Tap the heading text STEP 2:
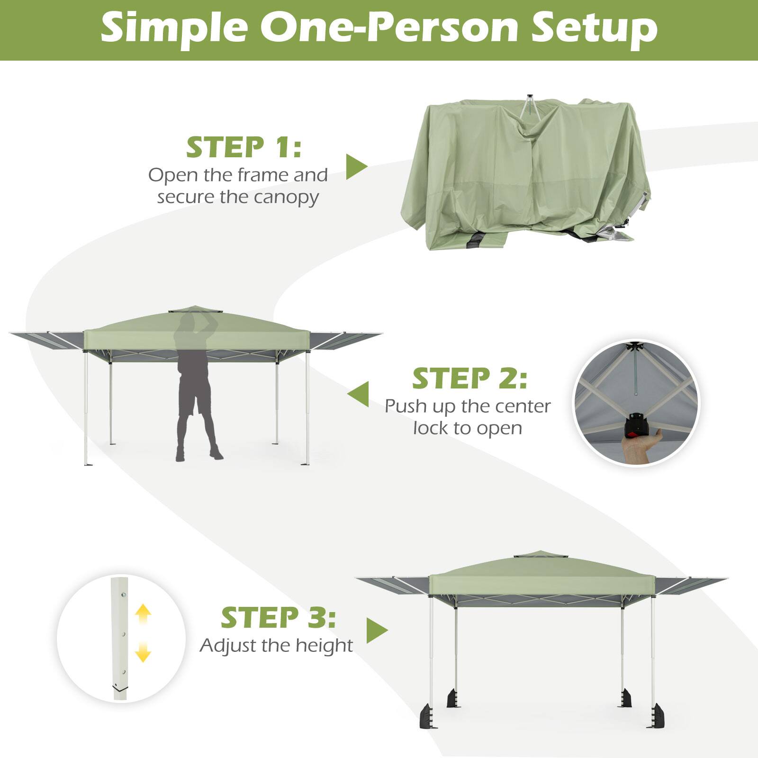click(x=469, y=379)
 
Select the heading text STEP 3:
click(x=278, y=618)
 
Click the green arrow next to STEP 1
click(x=356, y=166)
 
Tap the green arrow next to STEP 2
click(x=359, y=394)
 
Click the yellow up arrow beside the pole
click(x=143, y=614)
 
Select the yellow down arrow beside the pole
click(x=143, y=653)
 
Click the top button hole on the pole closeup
click(x=123, y=596)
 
